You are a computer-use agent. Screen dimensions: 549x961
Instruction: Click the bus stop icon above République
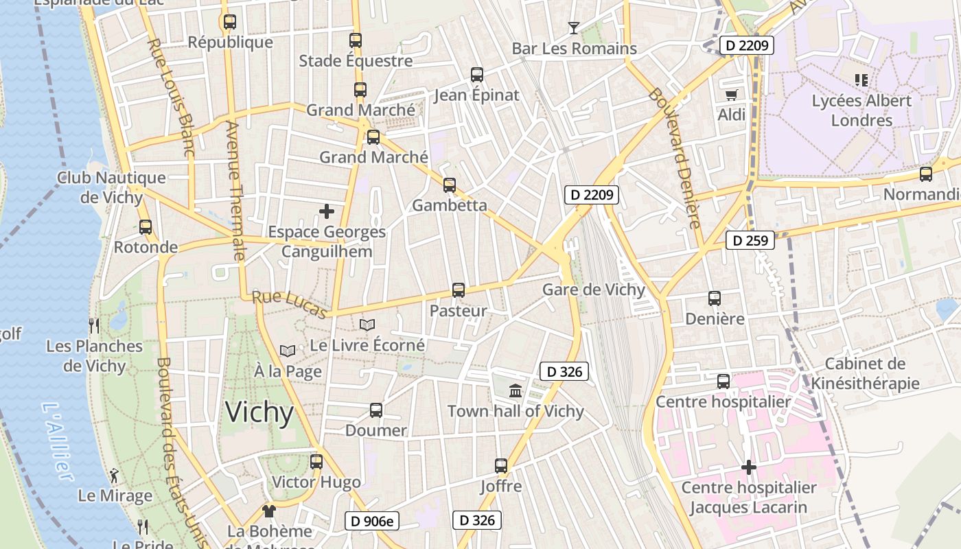tap(230, 22)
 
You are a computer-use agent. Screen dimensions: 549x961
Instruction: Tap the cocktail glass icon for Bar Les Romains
tap(574, 28)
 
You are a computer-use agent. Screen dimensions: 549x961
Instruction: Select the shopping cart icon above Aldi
tap(731, 95)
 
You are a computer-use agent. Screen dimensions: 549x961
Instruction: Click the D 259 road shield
tap(750, 240)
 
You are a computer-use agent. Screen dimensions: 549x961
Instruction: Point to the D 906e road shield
tap(371, 521)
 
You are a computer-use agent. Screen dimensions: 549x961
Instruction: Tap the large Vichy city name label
tap(259, 412)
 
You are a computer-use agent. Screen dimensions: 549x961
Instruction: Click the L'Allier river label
tap(58, 441)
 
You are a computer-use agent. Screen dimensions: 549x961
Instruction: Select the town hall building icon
tap(516, 391)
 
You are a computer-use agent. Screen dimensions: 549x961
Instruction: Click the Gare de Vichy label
tap(594, 290)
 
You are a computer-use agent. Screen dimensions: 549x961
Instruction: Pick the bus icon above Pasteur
tap(459, 290)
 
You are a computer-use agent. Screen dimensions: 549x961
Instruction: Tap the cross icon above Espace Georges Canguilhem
tap(327, 211)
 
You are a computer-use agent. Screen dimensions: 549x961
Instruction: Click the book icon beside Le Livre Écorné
tap(368, 325)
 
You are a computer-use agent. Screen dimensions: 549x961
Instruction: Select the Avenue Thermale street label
tap(235, 191)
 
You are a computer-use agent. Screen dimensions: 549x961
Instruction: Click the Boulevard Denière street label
tap(675, 158)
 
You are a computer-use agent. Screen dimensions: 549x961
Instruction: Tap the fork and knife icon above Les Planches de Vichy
tap(94, 325)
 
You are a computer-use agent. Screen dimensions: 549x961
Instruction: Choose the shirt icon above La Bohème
tap(268, 511)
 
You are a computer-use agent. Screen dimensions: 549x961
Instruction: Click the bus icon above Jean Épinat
tap(477, 75)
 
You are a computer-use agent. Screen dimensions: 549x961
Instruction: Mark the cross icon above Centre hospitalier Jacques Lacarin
tap(749, 468)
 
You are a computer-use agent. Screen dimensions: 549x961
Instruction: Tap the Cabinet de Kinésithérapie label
tap(865, 373)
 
